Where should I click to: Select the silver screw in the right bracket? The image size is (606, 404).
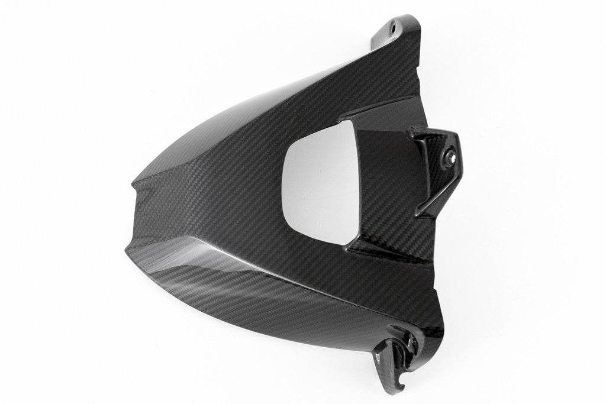[452, 157]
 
